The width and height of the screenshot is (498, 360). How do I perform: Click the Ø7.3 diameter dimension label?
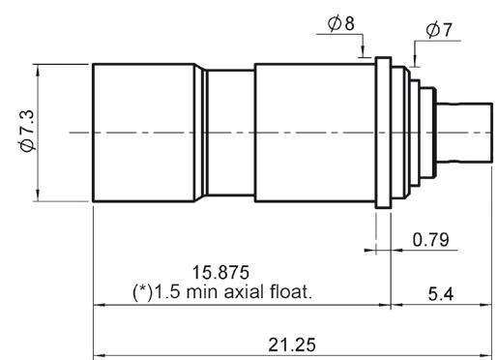(26, 131)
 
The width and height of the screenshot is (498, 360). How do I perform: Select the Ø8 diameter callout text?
(341, 23)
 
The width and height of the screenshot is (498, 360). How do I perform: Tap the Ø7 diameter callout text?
(439, 30)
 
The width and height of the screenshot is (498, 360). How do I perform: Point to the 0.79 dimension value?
(430, 240)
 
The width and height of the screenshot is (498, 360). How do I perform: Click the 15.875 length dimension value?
(220, 272)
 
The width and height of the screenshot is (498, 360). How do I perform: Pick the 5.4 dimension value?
(441, 294)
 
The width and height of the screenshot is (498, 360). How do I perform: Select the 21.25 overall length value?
(292, 345)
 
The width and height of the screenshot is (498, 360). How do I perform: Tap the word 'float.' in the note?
(291, 292)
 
